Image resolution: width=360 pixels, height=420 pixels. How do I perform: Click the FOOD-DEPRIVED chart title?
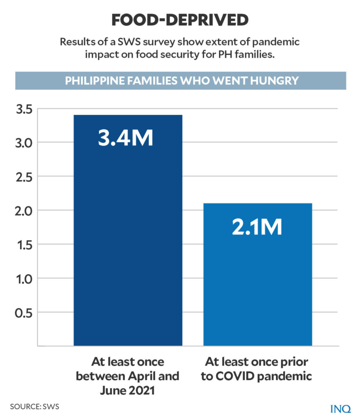click(x=180, y=19)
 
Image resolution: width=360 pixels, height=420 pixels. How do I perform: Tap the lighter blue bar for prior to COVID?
click(x=257, y=281)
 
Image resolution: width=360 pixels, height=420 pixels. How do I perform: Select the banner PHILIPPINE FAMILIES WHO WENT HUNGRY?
click(x=181, y=81)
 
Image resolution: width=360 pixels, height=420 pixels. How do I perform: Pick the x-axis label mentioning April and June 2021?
click(x=127, y=376)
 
